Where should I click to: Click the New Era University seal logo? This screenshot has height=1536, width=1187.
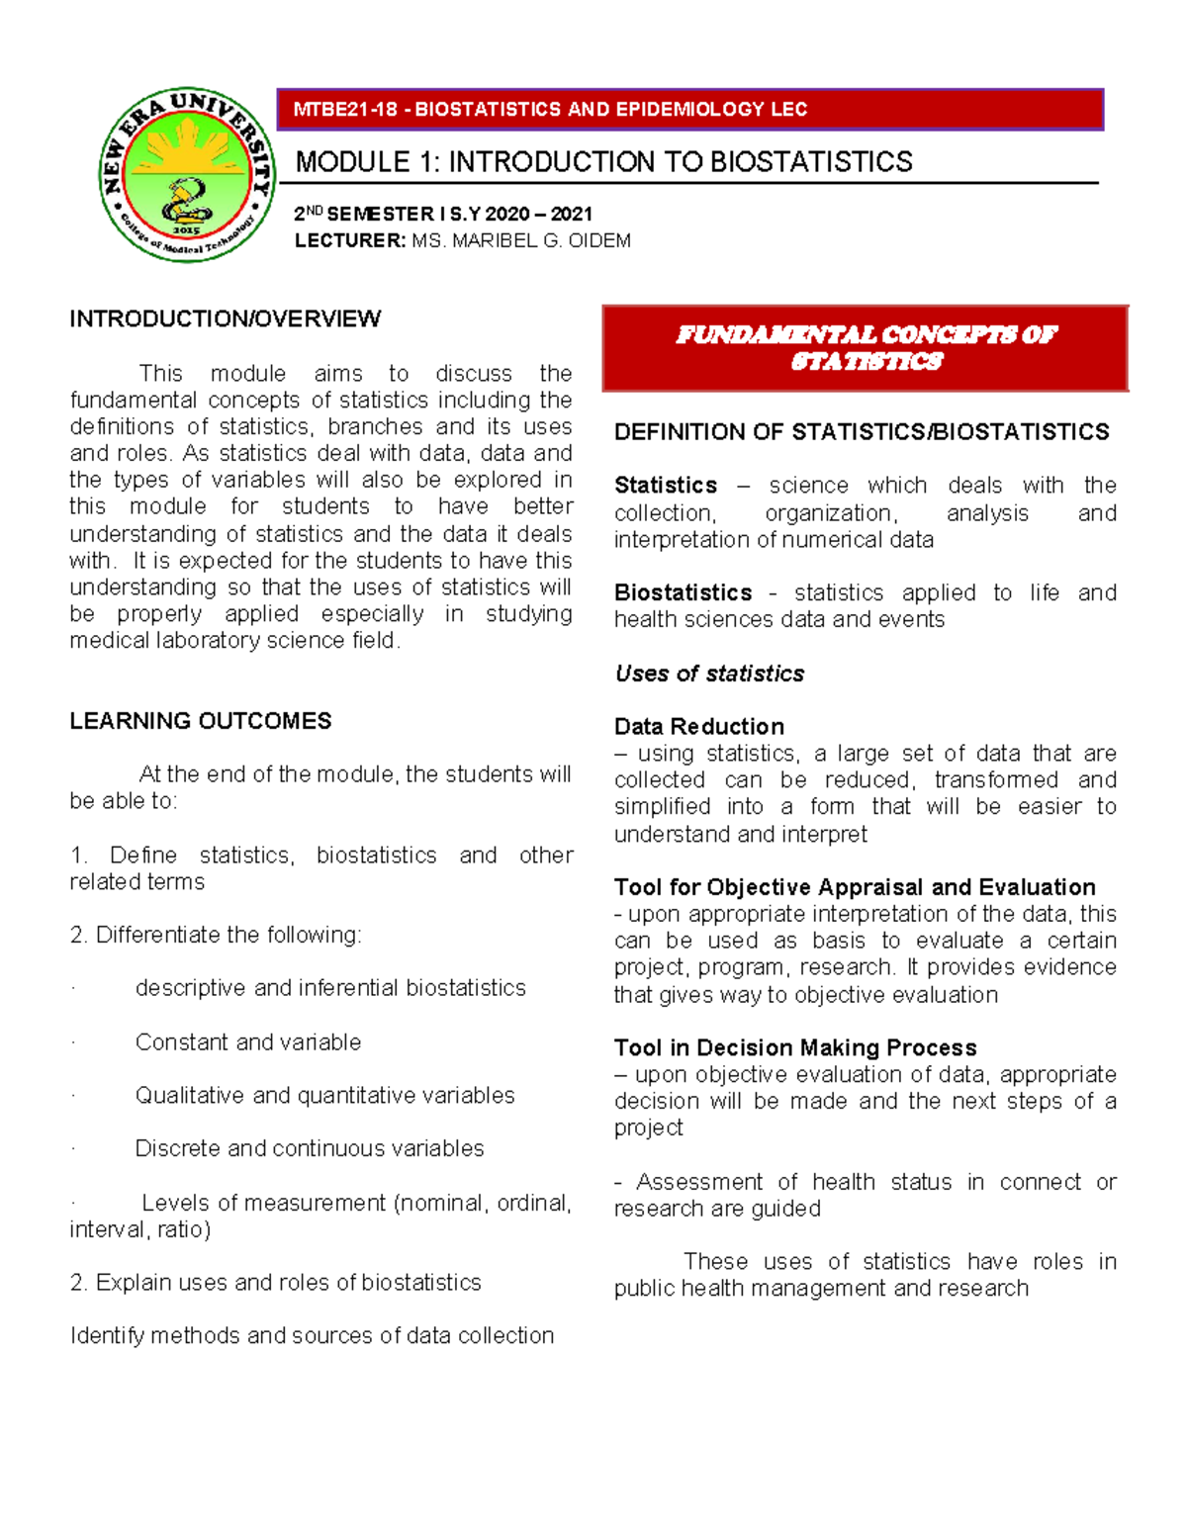click(187, 175)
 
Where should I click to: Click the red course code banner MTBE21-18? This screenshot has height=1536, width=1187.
click(689, 109)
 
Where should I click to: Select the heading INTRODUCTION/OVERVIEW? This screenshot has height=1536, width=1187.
click(225, 318)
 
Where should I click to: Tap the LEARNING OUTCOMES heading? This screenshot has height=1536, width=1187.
click(200, 721)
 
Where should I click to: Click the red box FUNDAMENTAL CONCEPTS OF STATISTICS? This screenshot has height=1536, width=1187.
click(865, 348)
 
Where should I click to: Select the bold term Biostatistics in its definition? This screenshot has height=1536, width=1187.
click(683, 592)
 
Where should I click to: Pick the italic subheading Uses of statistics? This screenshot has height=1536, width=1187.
click(708, 674)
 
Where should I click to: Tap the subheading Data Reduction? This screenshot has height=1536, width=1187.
click(698, 726)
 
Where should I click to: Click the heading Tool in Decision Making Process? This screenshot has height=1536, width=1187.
click(794, 1047)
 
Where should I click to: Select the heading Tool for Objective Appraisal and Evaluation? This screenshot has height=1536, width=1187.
click(854, 887)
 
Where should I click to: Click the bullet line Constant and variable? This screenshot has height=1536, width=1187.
click(247, 1041)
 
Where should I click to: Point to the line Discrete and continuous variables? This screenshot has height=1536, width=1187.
click(309, 1148)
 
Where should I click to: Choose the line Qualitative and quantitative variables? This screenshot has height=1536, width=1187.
click(324, 1095)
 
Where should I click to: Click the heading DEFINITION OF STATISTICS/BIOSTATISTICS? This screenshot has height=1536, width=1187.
click(861, 432)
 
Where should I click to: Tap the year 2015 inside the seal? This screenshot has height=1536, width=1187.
click(187, 229)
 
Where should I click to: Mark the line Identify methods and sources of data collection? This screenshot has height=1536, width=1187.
click(312, 1335)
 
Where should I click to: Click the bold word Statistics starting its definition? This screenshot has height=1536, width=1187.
click(665, 486)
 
